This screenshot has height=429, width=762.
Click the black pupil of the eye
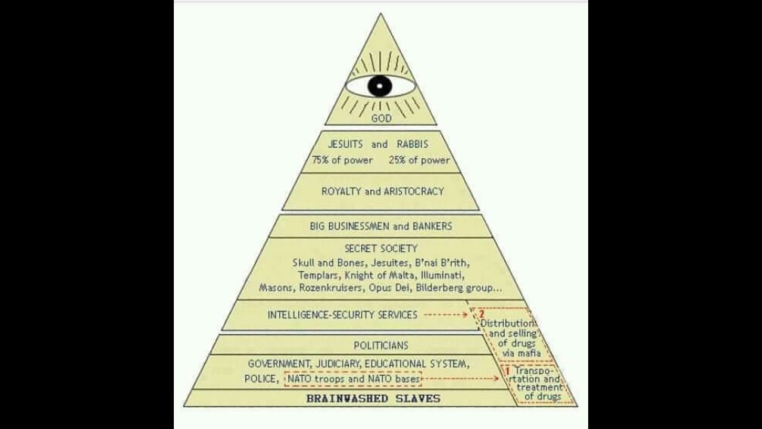[380, 86]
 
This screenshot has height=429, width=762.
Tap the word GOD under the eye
[381, 119]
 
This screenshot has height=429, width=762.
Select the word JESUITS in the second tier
[345, 144]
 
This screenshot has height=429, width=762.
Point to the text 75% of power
[342, 160]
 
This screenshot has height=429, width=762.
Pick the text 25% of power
[419, 160]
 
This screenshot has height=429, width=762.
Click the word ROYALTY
[342, 191]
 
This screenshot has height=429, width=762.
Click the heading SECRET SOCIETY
[381, 248]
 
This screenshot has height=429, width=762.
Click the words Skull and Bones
[329, 263]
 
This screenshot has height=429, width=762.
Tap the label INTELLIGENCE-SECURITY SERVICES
[342, 315]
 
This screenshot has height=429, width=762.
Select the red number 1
[508, 371]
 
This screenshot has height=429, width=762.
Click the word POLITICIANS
[381, 345]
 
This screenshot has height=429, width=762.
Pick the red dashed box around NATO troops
[353, 378]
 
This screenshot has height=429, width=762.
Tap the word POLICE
[261, 379]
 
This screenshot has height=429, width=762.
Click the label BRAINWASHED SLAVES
[373, 398]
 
